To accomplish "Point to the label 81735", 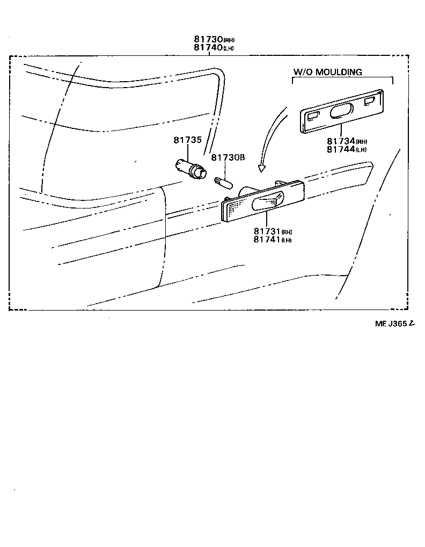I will pyautogui.click(x=187, y=140).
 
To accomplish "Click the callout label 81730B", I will pyautogui.click(x=228, y=157).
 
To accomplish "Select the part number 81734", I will pyautogui.click(x=341, y=141).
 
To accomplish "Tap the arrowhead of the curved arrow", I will pyautogui.click(x=261, y=168).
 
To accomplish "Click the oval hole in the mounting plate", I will pyautogui.click(x=341, y=111).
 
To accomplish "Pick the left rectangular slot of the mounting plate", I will pyautogui.click(x=313, y=114).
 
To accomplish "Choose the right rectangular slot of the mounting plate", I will pyautogui.click(x=370, y=101).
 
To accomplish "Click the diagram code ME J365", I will pyautogui.click(x=391, y=323).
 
